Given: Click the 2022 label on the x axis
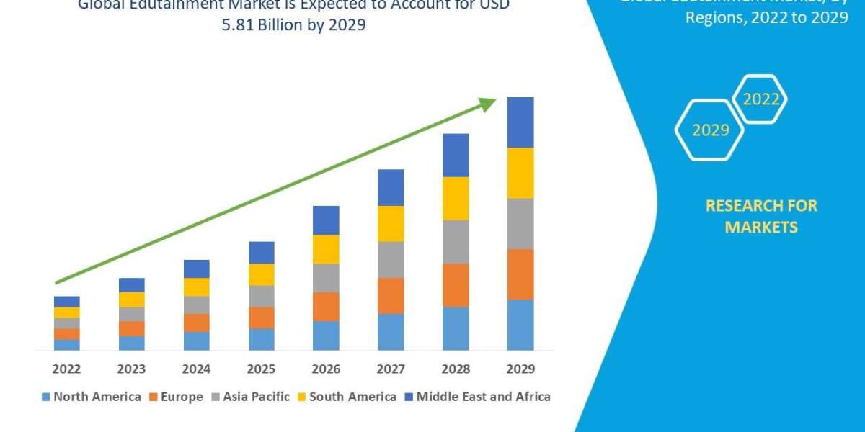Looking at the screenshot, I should click(x=66, y=369).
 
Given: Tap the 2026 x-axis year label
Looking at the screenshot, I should click(x=326, y=369).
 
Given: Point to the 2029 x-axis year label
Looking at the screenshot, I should click(x=520, y=369).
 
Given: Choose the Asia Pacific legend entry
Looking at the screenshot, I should click(x=250, y=397).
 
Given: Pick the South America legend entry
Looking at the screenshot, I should click(x=347, y=397).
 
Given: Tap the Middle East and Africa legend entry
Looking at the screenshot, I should click(x=477, y=397).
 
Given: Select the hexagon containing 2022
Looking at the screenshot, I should click(x=760, y=99).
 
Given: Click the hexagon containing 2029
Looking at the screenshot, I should click(x=710, y=130).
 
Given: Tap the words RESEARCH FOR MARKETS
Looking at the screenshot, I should click(x=760, y=217).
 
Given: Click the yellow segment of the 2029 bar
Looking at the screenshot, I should click(x=520, y=173).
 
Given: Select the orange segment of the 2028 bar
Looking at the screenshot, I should click(x=456, y=285).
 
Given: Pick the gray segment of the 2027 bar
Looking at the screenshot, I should click(x=391, y=260).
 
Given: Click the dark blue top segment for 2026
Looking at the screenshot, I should click(x=326, y=220).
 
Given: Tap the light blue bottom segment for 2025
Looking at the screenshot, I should click(x=261, y=339).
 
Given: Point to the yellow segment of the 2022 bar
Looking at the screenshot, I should click(x=66, y=312).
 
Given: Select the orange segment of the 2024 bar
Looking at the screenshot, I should click(x=196, y=323).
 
